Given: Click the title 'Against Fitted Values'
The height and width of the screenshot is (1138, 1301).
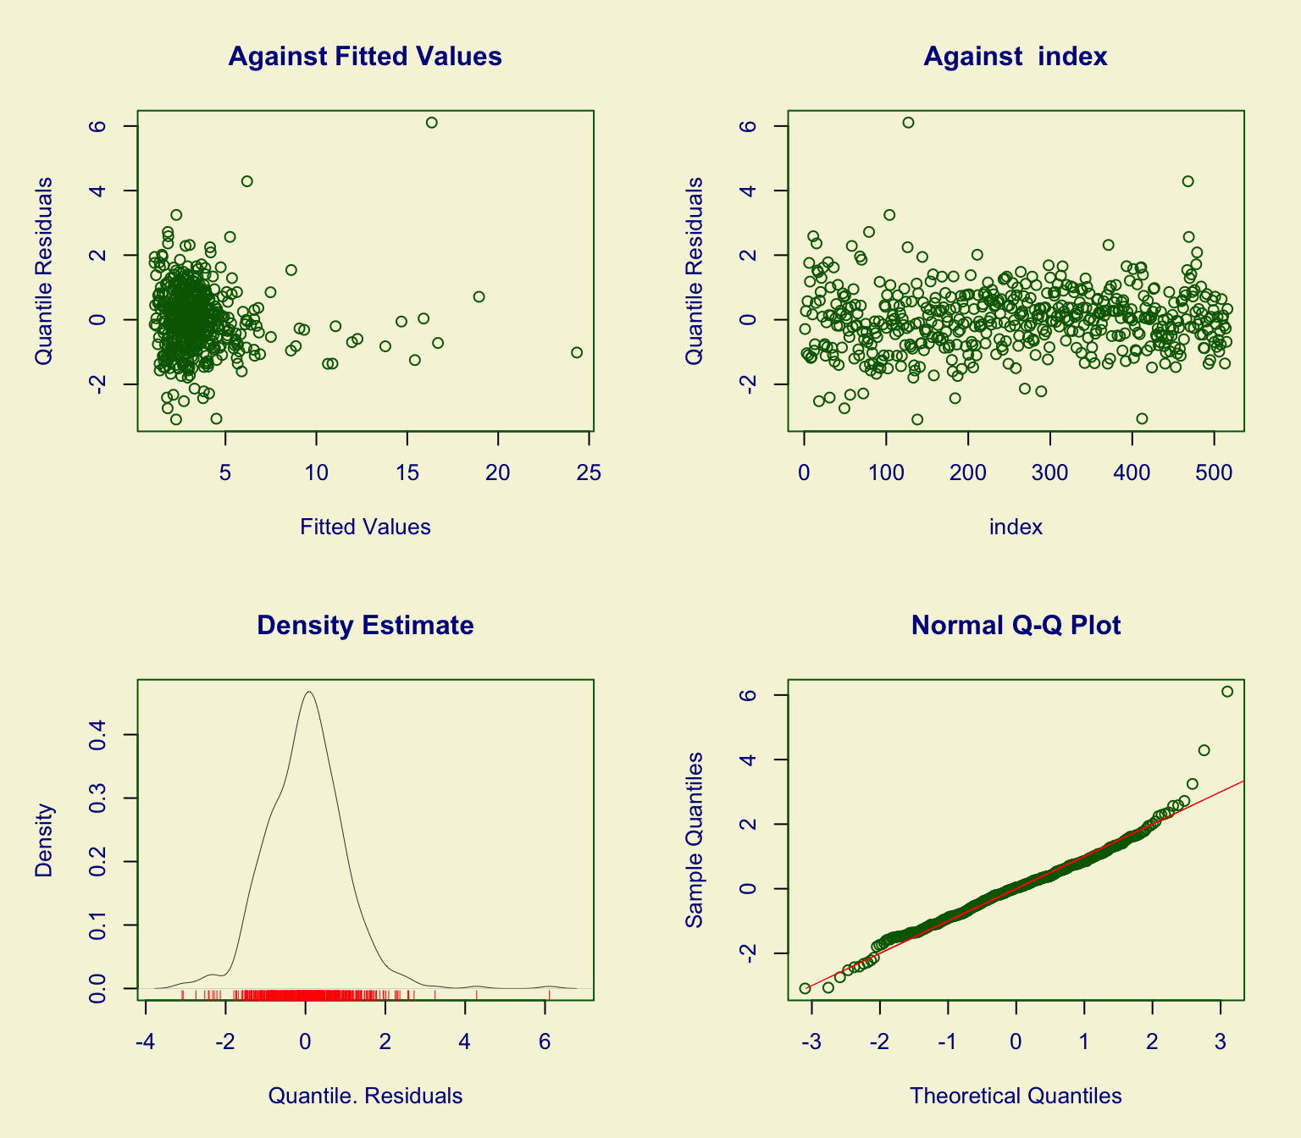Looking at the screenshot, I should [365, 57].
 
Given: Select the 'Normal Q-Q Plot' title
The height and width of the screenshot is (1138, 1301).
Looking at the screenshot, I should [1016, 626].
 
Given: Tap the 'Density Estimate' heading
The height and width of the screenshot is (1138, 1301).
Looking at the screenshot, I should [365, 626].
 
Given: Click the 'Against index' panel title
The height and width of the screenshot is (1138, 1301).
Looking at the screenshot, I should [1016, 57].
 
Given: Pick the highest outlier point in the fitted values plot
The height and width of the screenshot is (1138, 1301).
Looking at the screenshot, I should [431, 123].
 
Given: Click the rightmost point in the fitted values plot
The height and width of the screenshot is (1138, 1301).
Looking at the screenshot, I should [577, 352].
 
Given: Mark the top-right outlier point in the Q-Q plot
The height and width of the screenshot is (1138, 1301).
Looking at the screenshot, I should [1227, 692].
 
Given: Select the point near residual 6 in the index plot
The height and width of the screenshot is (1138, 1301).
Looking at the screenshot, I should [908, 123].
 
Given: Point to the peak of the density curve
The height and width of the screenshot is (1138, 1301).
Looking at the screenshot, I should [309, 692].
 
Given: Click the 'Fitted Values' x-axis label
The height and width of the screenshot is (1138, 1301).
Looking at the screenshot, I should [365, 528].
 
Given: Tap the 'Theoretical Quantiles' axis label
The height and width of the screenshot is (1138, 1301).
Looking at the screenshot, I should [1016, 1097].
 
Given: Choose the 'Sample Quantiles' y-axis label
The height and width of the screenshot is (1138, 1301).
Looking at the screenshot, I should [695, 839].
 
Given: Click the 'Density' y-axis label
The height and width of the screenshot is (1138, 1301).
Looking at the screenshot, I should [44, 839].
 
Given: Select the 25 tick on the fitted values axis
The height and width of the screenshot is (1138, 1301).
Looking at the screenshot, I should [589, 472].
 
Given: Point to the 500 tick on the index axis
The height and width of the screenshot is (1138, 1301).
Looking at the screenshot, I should [1214, 472].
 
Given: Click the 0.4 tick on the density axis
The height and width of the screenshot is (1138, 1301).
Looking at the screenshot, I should [97, 735].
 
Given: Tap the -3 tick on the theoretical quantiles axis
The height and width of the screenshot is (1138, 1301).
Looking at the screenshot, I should [811, 1041].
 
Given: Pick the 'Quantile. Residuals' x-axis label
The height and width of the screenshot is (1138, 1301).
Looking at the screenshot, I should [365, 1097].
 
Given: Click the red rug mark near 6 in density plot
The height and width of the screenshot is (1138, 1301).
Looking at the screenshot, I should [549, 995].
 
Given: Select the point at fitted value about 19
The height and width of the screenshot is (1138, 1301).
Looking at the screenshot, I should [479, 297].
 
